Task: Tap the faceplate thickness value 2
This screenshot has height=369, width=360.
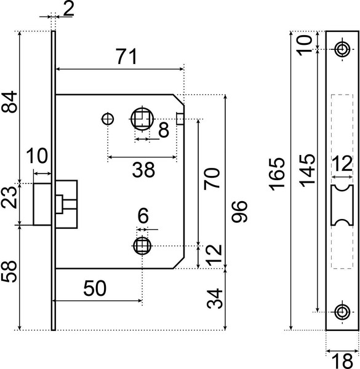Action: pyautogui.click(x=68, y=8)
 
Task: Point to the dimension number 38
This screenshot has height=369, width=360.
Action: pyautogui.click(x=143, y=170)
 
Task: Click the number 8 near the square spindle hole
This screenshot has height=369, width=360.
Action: pyautogui.click(x=162, y=130)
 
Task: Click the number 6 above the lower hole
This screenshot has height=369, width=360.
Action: pyautogui.click(x=143, y=216)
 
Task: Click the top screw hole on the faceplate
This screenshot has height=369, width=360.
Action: pyautogui.click(x=342, y=49)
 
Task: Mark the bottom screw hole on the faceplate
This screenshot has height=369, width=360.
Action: pyautogui.click(x=342, y=312)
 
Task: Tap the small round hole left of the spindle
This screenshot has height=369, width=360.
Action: pyautogui.click(x=108, y=119)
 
